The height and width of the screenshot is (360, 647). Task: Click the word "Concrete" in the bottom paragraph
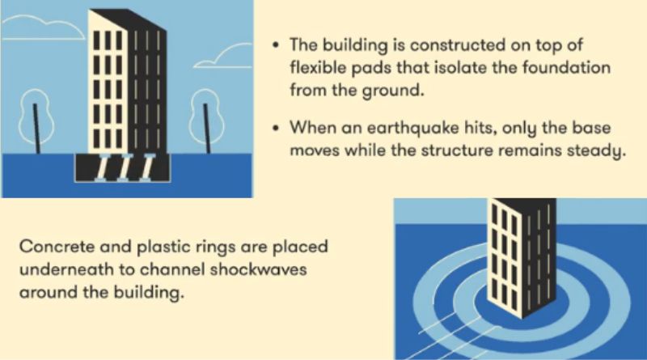coord(55,247)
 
